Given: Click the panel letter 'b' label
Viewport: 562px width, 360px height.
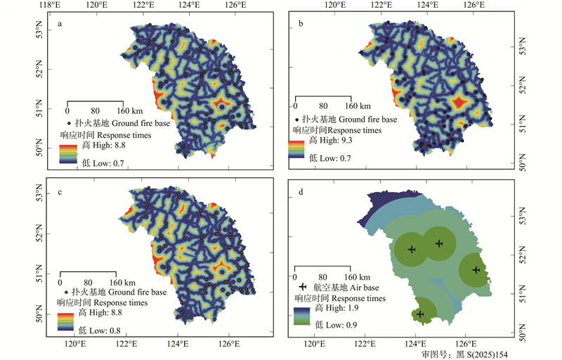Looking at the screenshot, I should coord(301,25).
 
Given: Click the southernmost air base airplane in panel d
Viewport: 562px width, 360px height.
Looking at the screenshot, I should coord(419,314).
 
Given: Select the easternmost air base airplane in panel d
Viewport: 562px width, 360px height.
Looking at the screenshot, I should coord(476,270).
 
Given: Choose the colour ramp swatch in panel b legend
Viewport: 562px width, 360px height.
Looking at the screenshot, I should coord(298,149).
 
